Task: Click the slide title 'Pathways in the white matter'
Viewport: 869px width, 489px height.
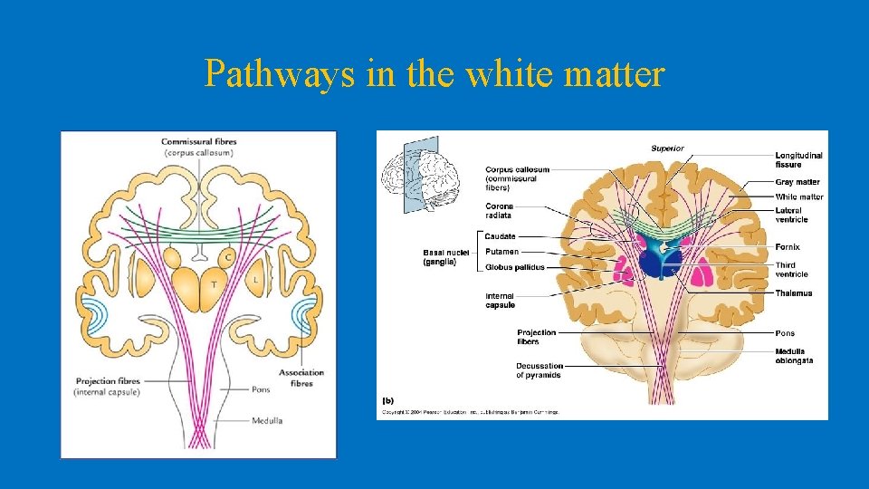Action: [434, 74]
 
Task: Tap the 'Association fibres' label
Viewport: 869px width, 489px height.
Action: [301, 378]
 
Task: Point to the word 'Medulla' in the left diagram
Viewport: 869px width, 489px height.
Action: [267, 420]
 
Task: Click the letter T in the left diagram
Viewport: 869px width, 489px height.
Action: [214, 283]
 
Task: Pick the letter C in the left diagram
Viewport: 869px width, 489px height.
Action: [228, 257]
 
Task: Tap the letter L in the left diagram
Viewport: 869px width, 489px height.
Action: [256, 280]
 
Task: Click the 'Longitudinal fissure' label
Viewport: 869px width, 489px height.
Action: [798, 160]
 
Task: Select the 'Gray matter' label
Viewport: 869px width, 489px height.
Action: [797, 182]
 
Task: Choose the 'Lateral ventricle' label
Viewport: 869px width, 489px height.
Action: [791, 216]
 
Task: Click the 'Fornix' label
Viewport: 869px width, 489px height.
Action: [788, 247]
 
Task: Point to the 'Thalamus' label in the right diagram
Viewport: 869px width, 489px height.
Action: [793, 293]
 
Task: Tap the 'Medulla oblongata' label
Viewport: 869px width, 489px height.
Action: [794, 356]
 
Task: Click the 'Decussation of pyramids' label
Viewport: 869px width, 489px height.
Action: [539, 370]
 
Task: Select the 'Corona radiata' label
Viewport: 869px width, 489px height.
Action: [499, 211]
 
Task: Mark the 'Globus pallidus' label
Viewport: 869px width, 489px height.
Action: [514, 267]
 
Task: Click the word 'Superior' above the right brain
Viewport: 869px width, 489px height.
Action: [667, 149]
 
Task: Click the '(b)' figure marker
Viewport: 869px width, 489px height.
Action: [387, 398]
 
